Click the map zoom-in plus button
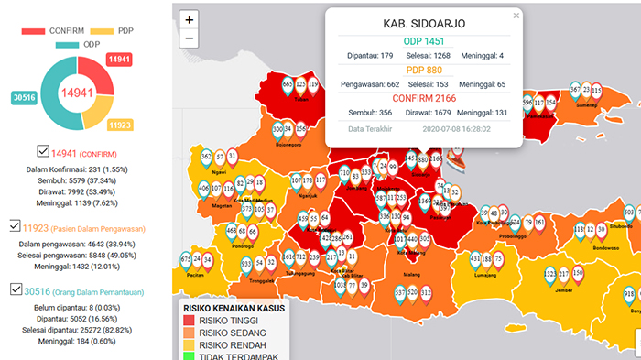189,19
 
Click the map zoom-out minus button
189,38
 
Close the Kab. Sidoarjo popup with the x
516,16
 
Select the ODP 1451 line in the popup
424,40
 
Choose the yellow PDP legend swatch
103,30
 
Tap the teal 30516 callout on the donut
25,96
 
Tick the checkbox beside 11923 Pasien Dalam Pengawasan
16,224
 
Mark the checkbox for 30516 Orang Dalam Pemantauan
16,289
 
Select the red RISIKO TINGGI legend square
190,321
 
